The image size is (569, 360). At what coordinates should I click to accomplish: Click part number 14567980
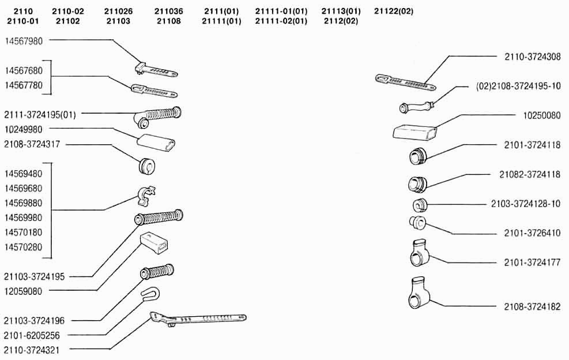tap(24, 41)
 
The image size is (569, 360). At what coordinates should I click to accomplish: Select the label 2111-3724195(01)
tap(40, 115)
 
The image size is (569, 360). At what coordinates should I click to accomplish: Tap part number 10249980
tap(24, 129)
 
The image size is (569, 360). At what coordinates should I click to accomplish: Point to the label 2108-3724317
tap(32, 144)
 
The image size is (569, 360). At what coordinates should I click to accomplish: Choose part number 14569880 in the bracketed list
tap(24, 202)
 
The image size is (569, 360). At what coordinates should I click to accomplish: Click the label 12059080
tap(24, 291)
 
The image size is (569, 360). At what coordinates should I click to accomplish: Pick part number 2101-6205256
tap(32, 335)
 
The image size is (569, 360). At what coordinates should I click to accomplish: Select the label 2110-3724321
tap(32, 350)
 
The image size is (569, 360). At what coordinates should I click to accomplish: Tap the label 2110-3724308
tap(532, 57)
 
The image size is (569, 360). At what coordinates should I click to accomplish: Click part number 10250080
tap(542, 115)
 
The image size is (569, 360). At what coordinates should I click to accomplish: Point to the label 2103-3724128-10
tap(526, 204)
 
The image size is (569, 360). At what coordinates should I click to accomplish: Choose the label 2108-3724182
tap(532, 306)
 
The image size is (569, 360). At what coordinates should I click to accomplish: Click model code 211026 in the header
tap(118, 12)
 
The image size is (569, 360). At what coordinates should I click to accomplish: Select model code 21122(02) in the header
tap(394, 12)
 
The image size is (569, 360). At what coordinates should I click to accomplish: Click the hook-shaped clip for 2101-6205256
tap(150, 294)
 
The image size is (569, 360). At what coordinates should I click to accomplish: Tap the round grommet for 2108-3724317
tap(148, 166)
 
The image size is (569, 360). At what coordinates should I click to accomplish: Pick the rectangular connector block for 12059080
tap(154, 243)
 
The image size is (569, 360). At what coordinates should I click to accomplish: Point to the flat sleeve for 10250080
tap(414, 132)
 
